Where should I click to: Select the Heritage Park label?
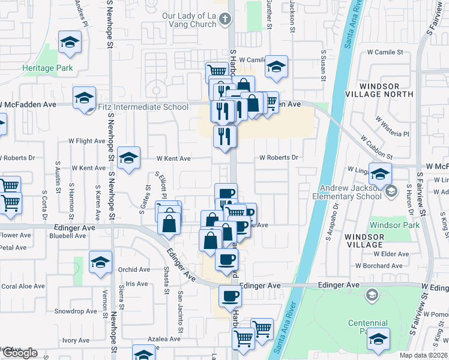tap(47, 68)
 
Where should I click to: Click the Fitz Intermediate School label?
tap(143, 107)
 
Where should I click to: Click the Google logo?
tap(20, 353)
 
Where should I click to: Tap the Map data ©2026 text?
tap(423, 355)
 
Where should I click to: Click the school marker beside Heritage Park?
tap(70, 43)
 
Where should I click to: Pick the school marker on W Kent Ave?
tap(128, 158)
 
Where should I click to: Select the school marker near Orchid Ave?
tap(100, 262)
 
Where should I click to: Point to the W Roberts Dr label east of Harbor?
tap(279, 158)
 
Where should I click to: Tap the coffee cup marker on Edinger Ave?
tap(230, 296)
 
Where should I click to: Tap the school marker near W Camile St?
tap(276, 67)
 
